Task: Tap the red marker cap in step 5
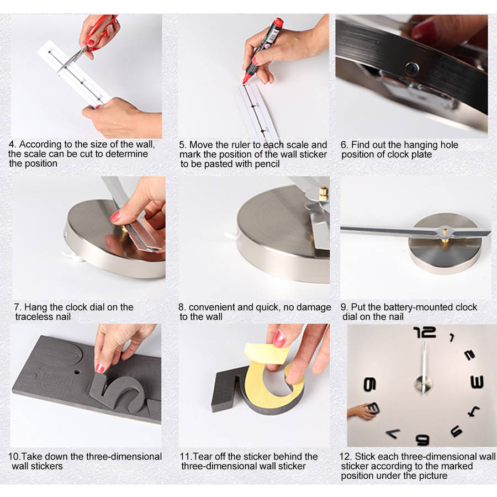[278, 22]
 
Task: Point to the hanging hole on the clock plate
[412, 68]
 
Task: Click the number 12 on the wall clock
[425, 332]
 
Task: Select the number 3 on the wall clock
[477, 382]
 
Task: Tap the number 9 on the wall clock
[369, 384]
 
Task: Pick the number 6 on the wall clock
[423, 440]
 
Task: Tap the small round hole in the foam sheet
[77, 372]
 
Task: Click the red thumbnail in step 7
[115, 217]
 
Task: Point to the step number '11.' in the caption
[186, 457]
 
